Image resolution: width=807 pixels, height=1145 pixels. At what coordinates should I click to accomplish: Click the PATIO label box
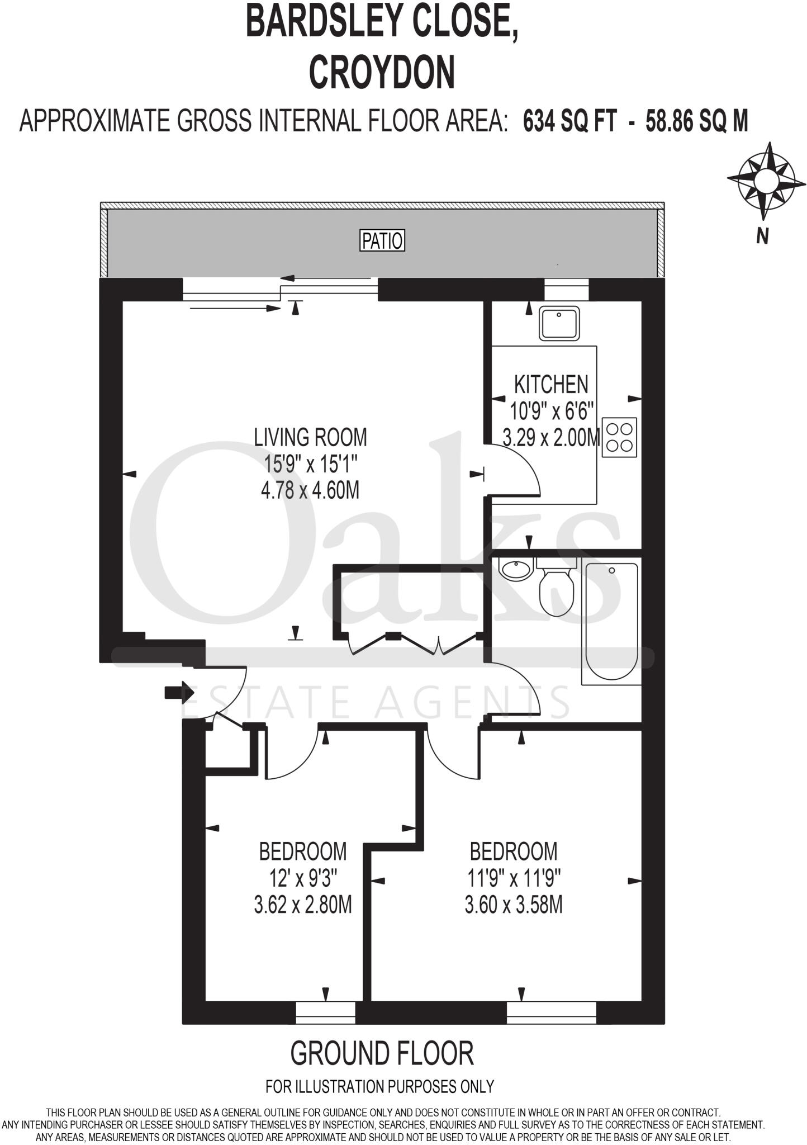pos(382,241)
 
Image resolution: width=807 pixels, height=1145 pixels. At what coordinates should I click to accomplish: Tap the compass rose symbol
pos(766,181)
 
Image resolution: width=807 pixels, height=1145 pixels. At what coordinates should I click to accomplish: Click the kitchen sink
pos(559,324)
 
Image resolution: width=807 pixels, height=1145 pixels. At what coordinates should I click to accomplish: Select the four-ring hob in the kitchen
pos(619,437)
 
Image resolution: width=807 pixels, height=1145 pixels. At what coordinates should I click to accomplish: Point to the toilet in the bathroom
pos(556,590)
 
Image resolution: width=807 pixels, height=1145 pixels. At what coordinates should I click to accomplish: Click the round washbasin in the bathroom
pos(515,570)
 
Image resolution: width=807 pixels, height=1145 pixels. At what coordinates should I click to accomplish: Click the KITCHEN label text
pos(551,385)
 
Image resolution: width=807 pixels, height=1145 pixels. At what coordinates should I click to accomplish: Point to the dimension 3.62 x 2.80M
pos(303,905)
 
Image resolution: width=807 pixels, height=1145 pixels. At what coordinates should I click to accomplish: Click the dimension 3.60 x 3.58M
pos(514,905)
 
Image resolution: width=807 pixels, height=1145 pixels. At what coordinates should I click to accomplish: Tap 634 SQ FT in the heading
pos(570,121)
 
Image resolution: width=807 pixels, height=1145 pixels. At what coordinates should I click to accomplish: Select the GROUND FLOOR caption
pos(382,1054)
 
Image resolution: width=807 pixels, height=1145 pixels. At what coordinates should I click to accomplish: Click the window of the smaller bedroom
pos(325,1012)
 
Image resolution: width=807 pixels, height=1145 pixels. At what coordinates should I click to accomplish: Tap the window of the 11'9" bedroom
pos(551,1012)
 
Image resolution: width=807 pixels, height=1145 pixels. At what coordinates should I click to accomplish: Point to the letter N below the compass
pos(762,236)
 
